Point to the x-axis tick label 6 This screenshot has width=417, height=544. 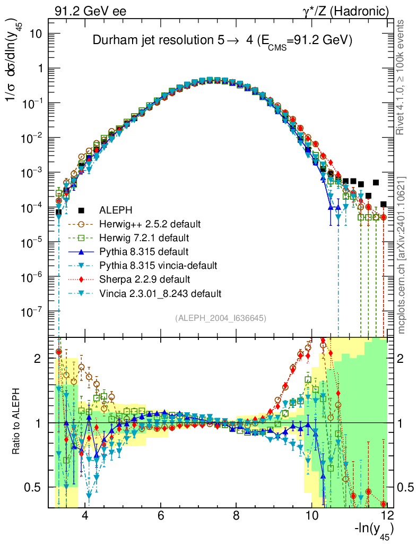160,515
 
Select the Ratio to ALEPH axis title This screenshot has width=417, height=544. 18,422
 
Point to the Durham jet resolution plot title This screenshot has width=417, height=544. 223,41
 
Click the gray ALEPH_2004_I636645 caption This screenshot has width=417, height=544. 220,318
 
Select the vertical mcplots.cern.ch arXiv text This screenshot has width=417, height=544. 402,255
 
